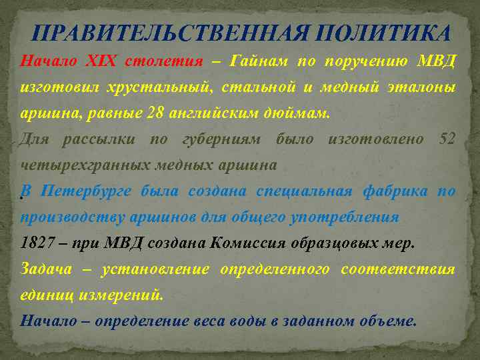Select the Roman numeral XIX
[101, 62]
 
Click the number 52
[448, 139]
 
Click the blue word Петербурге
[87, 191]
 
